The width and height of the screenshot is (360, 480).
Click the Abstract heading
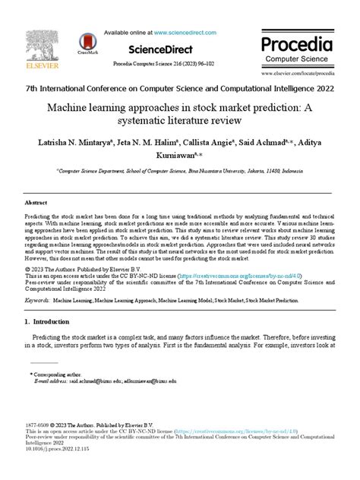click(x=36, y=204)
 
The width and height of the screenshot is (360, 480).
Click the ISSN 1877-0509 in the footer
click(x=39, y=425)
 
